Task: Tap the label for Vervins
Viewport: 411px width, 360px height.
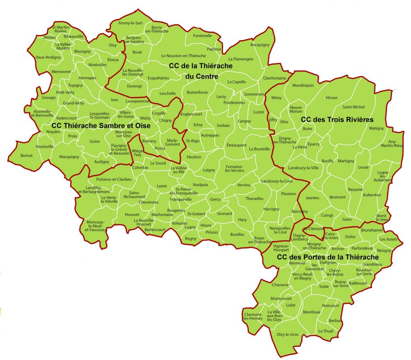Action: [244, 185]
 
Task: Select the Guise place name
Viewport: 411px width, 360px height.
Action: [94, 141]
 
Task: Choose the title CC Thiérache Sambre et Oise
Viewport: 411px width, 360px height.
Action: [101, 126]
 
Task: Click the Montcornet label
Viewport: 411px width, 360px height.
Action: [281, 299]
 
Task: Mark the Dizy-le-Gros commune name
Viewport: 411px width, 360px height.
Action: [288, 334]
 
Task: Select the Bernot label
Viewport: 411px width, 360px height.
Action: [26, 155]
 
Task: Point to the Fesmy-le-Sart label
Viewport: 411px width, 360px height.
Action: [130, 23]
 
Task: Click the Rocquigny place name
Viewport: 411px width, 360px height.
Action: [260, 45]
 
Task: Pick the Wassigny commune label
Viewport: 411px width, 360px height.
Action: [83, 51]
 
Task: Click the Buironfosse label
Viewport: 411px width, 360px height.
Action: [197, 92]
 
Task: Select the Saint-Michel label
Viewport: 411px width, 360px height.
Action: [353, 107]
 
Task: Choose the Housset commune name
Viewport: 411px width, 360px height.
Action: [132, 215]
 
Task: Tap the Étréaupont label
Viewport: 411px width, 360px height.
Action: [236, 145]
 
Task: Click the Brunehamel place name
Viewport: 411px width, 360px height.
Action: [372, 230]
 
